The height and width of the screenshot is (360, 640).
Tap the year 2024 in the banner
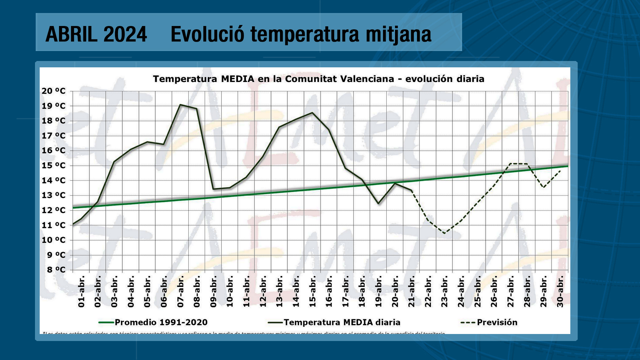coord(125,34)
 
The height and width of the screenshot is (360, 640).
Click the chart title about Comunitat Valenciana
coord(318,79)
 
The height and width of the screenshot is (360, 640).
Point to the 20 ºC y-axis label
coord(54,91)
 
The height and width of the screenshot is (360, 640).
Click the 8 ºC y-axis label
coord(56,270)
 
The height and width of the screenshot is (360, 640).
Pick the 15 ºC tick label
coord(54,166)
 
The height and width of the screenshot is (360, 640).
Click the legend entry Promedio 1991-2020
coord(161,322)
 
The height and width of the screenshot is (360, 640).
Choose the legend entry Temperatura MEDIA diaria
coord(342,322)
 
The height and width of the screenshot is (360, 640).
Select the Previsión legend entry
coord(497,322)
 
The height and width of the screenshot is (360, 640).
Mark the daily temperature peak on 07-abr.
coord(180,105)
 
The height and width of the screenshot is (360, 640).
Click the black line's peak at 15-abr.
coord(312,113)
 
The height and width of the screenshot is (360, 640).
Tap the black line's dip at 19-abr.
coord(378,203)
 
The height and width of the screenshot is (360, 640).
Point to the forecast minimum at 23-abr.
coord(444,233)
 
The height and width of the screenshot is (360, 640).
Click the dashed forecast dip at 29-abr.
coord(543,187)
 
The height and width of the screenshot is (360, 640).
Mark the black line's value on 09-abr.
coord(213,189)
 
